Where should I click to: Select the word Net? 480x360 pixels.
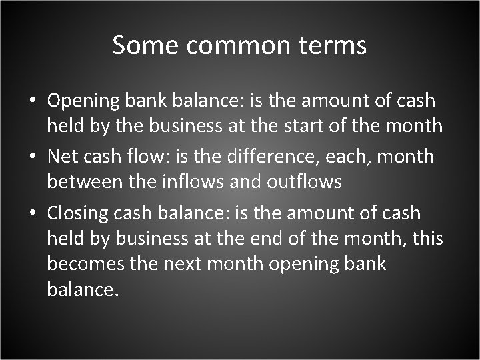coord(62,157)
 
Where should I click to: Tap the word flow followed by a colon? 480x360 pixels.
coord(151,157)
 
